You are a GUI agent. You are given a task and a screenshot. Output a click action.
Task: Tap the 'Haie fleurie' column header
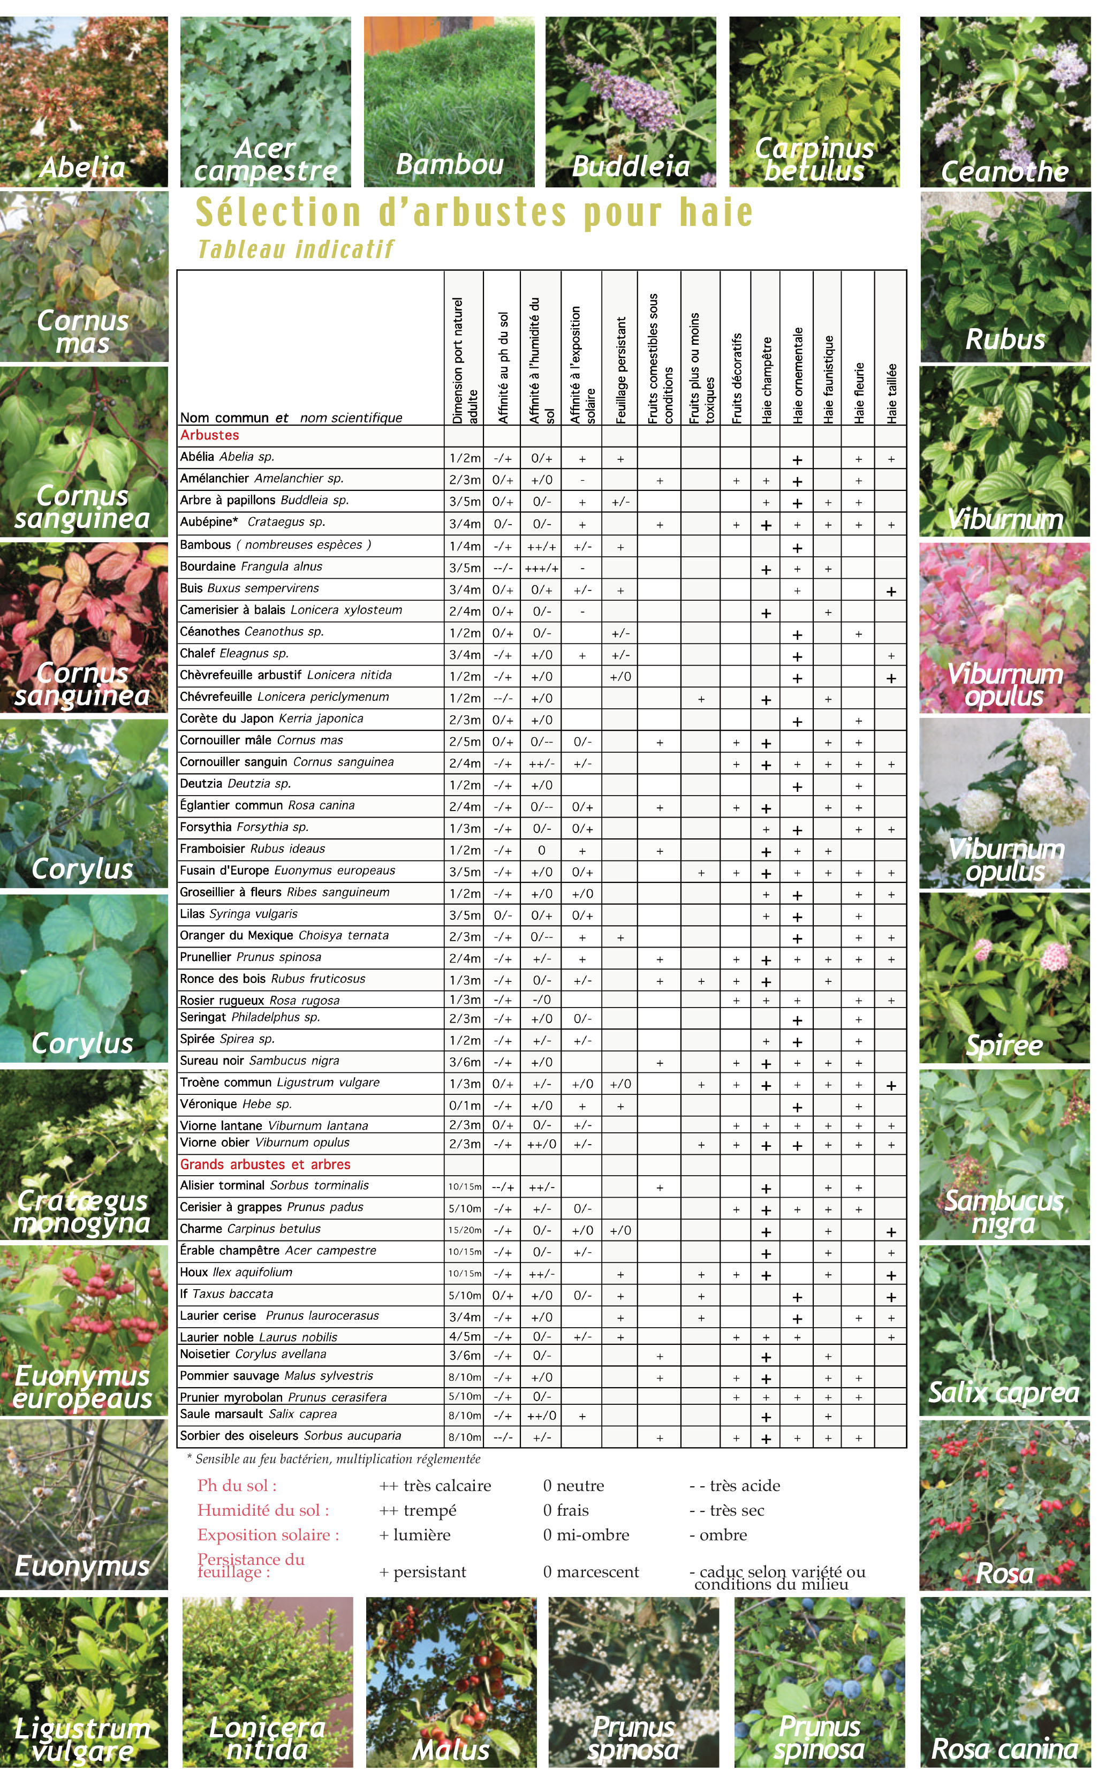859,392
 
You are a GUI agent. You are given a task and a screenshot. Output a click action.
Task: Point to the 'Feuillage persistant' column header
620,370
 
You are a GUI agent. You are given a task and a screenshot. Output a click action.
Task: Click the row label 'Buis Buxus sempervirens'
249,588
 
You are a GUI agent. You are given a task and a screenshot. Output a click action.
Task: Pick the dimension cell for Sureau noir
464,1062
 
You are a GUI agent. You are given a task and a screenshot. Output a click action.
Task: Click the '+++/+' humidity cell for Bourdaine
541,568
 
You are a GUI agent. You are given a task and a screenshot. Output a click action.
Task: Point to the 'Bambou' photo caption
450,164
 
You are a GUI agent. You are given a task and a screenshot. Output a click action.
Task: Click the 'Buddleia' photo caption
631,167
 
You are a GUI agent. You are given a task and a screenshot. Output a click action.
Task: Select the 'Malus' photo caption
450,1750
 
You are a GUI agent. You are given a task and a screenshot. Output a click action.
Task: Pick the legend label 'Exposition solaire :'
268,1534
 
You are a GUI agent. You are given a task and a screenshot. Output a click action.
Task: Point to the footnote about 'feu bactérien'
334,1459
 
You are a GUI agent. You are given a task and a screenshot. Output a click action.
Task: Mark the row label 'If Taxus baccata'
226,1294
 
